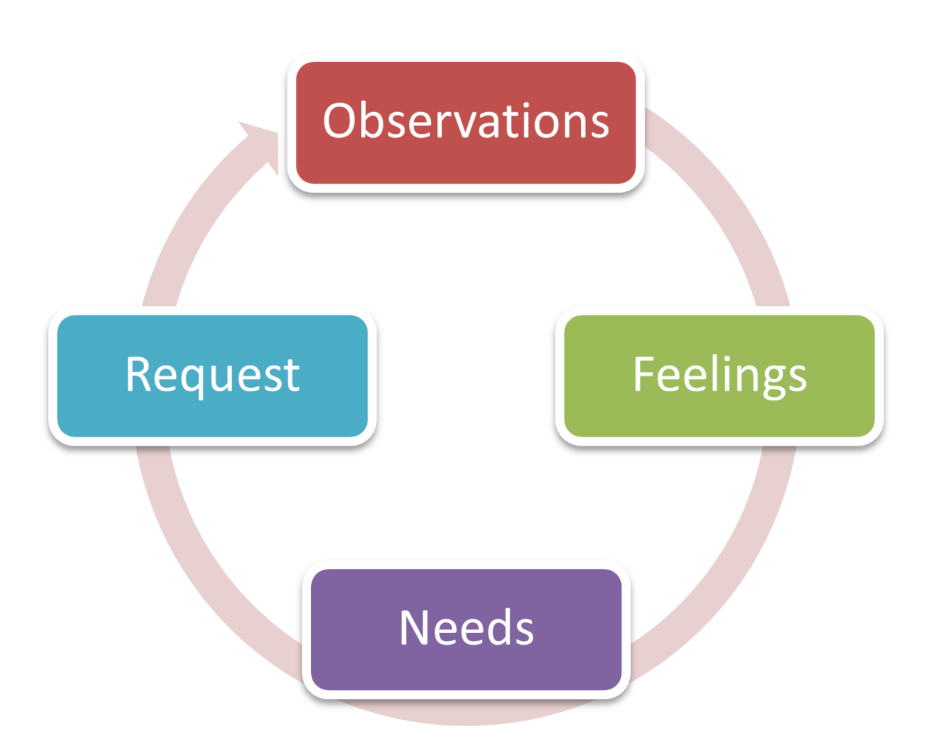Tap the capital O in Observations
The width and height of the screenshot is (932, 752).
(x=341, y=120)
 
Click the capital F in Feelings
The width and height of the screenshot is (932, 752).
(x=645, y=374)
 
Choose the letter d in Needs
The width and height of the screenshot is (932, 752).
(x=493, y=626)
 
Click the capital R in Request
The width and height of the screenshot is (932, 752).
(x=140, y=374)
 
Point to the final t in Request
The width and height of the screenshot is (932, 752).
(x=292, y=376)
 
